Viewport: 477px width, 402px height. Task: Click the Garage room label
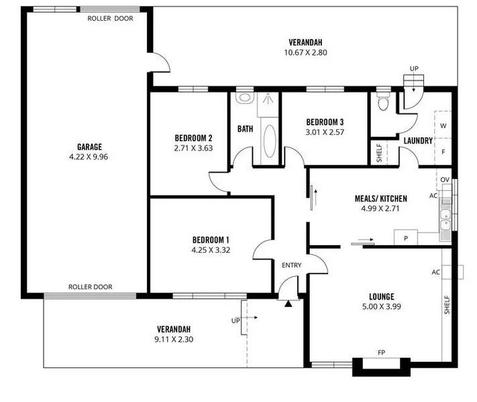(x=89, y=147)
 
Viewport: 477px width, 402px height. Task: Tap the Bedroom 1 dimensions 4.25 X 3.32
(x=211, y=251)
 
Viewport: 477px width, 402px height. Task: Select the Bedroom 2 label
(x=193, y=138)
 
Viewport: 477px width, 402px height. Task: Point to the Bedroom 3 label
(x=325, y=122)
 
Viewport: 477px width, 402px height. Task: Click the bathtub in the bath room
(x=268, y=140)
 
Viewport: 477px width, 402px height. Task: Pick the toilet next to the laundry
(x=383, y=103)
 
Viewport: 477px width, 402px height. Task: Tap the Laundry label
(x=418, y=140)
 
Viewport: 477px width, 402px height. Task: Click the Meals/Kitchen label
(x=380, y=198)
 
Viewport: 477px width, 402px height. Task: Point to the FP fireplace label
(x=381, y=352)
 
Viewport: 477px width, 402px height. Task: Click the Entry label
(x=291, y=265)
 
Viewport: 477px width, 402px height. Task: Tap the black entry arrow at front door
(x=288, y=304)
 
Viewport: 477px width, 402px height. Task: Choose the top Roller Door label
(x=110, y=19)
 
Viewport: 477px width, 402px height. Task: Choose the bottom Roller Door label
(x=91, y=287)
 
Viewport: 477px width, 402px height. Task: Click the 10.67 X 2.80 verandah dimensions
(x=305, y=52)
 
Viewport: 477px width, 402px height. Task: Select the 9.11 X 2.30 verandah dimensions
(x=174, y=340)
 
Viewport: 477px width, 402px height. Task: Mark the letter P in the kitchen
(x=405, y=238)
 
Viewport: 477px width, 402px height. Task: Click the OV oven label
(x=444, y=180)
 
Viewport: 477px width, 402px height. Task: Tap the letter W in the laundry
(x=443, y=126)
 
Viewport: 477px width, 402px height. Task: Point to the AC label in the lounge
(x=435, y=272)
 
